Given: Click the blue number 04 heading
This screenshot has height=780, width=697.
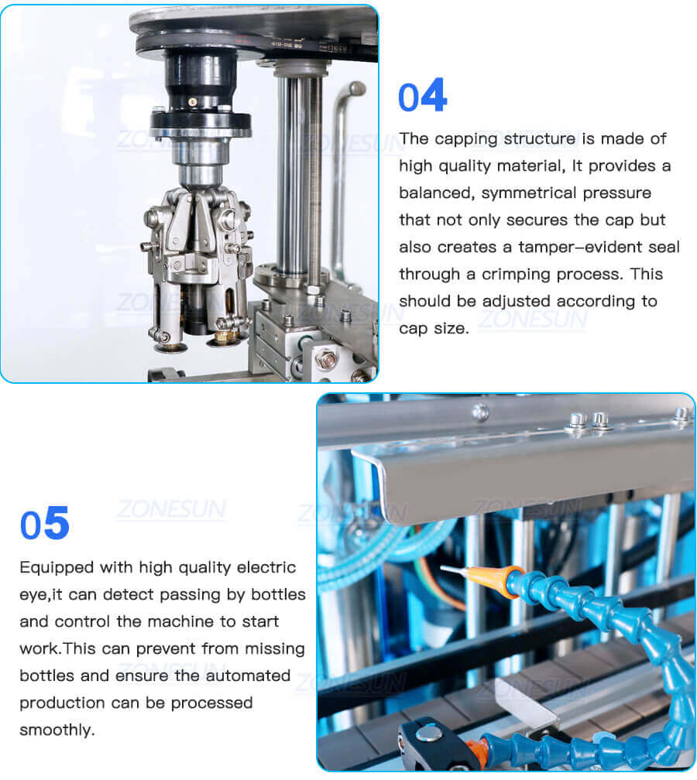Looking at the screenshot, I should [x=422, y=96].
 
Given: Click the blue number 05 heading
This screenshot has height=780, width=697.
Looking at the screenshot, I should [x=45, y=524].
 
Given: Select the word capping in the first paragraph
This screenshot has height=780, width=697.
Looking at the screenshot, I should [x=465, y=139].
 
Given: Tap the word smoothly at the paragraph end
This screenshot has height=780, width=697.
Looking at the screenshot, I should [x=57, y=730].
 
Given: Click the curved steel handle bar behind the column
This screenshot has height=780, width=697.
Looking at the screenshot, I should [x=341, y=155].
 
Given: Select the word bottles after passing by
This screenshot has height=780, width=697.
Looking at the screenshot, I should [x=274, y=594].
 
